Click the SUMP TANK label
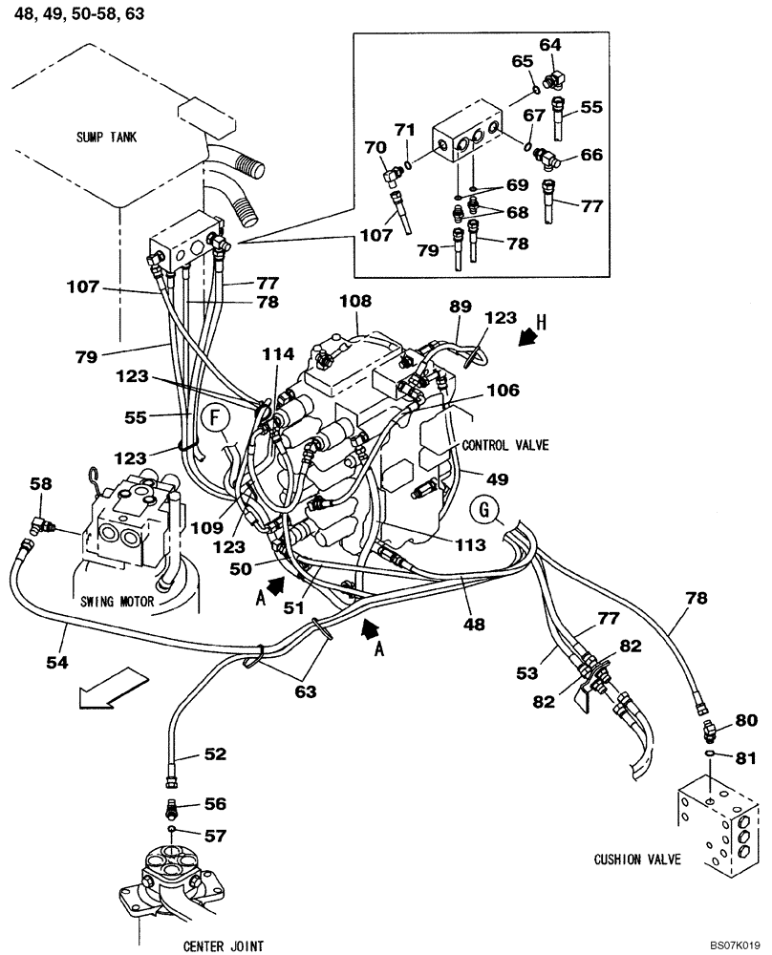coord(108,138)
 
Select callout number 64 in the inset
coord(551,44)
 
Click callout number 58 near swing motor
coord(40,484)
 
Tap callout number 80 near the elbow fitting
coord(745,720)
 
